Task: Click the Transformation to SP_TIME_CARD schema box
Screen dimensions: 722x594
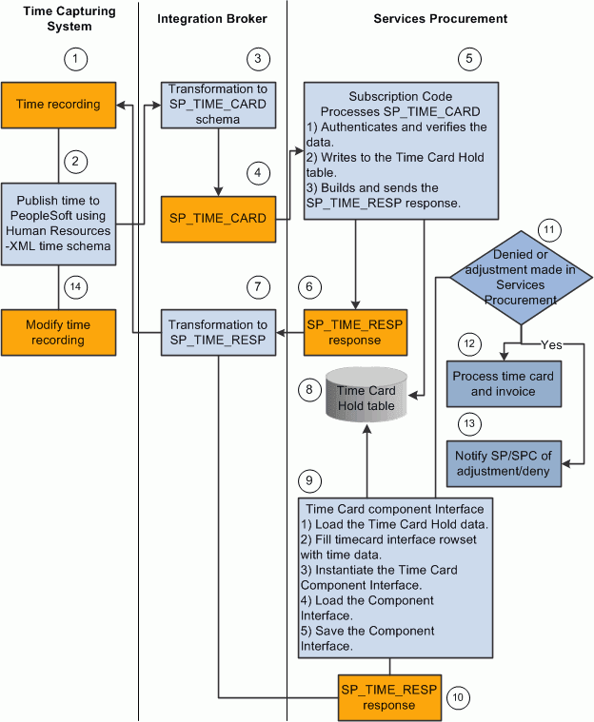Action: (218, 104)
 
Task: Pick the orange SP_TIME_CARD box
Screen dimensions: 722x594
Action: (218, 218)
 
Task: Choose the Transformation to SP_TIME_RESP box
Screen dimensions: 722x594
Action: (218, 332)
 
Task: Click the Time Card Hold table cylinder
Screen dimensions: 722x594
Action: (365, 392)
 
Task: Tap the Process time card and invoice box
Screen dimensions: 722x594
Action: (501, 382)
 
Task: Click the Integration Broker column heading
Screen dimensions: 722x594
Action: (213, 18)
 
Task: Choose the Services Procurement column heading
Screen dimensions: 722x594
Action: (440, 18)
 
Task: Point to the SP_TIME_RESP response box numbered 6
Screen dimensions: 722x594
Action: (353, 332)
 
